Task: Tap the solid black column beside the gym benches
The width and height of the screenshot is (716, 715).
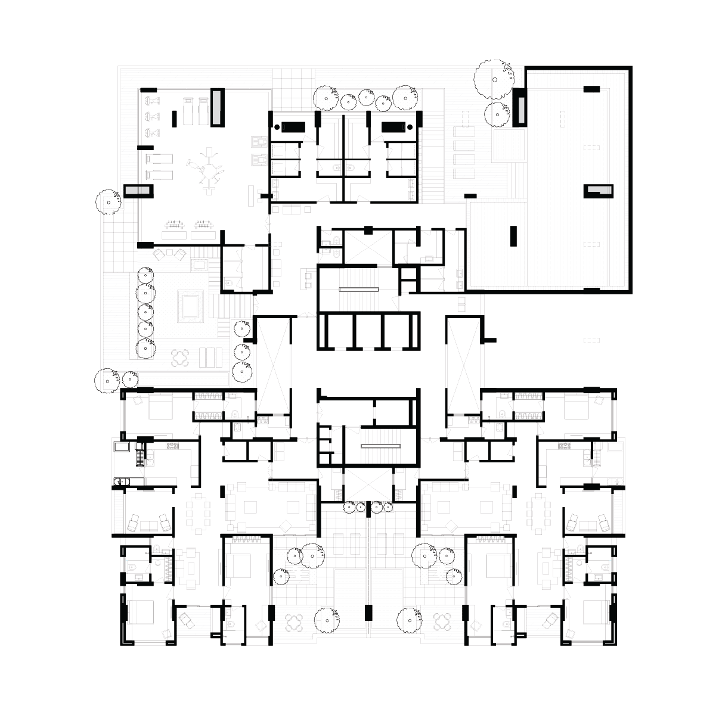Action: (x=175, y=118)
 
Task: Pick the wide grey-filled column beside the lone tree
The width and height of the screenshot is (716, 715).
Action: (x=138, y=191)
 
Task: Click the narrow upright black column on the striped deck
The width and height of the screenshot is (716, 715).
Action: (x=512, y=235)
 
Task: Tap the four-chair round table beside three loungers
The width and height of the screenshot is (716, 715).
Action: (x=181, y=357)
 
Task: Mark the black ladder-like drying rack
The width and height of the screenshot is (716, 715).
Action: (x=140, y=456)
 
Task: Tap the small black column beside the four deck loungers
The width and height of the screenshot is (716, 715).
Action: (x=470, y=195)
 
